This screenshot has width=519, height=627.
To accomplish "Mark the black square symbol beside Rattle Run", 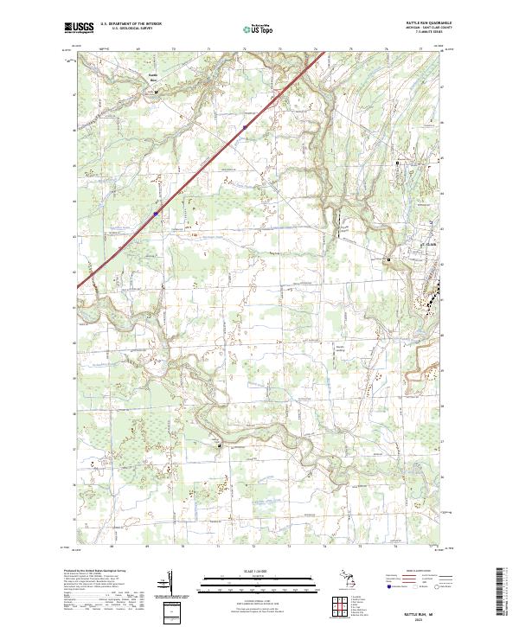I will [x=144, y=86].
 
